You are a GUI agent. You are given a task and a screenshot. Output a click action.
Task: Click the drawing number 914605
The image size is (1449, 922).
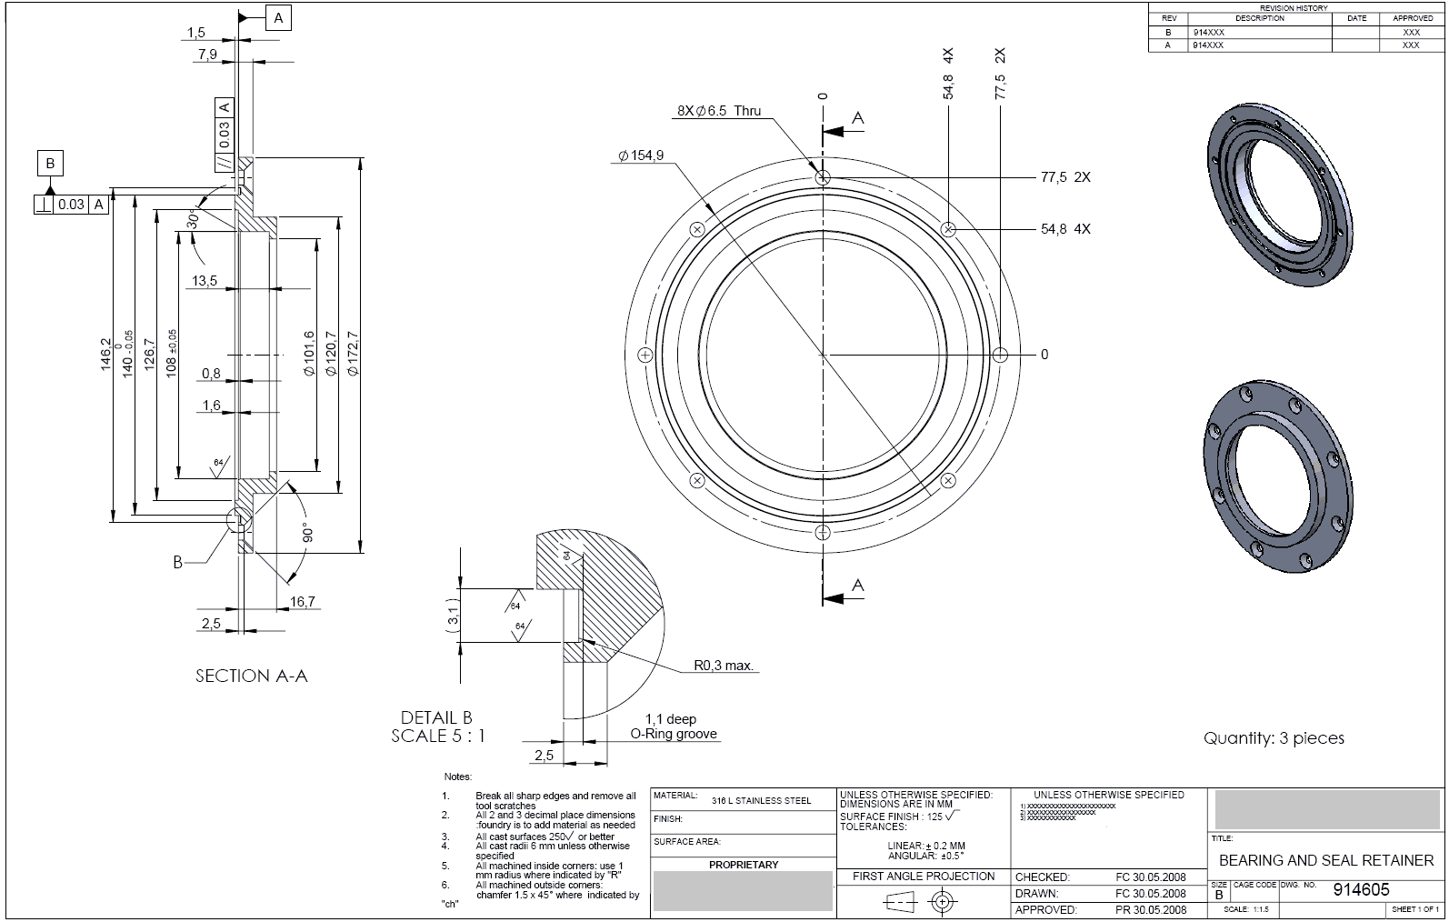tap(1361, 889)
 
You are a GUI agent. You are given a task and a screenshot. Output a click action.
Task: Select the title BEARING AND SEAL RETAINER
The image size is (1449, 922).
tap(1325, 860)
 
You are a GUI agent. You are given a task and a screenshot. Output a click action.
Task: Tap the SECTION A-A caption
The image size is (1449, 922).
tap(251, 676)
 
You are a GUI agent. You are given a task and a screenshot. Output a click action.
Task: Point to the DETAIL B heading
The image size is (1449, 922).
tap(436, 717)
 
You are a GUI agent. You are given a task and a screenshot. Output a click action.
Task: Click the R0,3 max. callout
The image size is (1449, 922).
tap(724, 666)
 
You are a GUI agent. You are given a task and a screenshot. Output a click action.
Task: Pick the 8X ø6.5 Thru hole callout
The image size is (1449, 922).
tap(719, 111)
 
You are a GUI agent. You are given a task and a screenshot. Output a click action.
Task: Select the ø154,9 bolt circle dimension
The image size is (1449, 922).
tap(641, 155)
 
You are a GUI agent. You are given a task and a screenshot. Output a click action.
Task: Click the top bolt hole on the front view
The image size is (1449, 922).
tap(823, 178)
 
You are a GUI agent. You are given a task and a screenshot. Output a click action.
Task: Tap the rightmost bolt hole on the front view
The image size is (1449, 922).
tap(1000, 355)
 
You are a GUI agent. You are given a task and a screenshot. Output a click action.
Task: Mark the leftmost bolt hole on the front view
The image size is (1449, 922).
tap(645, 355)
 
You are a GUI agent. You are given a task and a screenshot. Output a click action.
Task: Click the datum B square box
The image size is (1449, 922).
tap(50, 165)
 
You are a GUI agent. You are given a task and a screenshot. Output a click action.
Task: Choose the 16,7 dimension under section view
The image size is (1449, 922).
tap(302, 601)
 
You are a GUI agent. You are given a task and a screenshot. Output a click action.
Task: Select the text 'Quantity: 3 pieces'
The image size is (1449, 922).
tap(1274, 738)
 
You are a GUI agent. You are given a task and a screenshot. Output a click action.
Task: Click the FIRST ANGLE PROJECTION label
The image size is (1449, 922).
tap(924, 877)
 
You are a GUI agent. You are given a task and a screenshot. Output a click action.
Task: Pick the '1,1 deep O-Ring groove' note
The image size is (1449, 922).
tap(673, 727)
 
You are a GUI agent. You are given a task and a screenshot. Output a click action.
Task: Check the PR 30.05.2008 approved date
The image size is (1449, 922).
tap(1150, 909)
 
